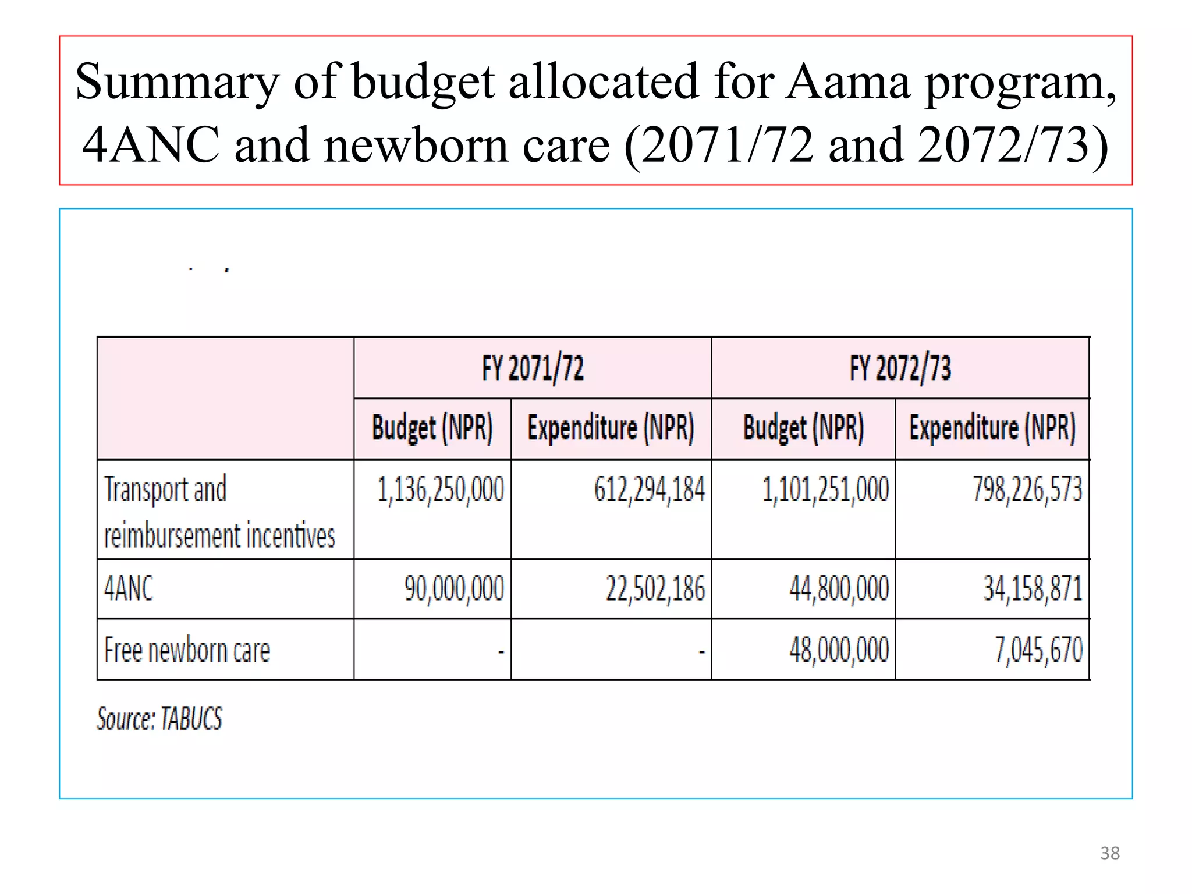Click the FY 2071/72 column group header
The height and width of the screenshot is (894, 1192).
(533, 368)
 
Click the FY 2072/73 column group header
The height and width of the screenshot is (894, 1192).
(900, 368)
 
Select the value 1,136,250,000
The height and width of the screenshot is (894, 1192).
(441, 489)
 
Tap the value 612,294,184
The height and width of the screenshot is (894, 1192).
(649, 489)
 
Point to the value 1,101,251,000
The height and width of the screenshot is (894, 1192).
(825, 489)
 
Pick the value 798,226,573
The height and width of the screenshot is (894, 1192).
(1027, 489)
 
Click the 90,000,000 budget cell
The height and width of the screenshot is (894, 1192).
(454, 588)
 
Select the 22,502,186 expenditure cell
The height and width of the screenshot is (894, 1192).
(655, 588)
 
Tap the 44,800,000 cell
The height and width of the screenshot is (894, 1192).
(839, 588)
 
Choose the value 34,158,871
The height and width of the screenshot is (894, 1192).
(1033, 588)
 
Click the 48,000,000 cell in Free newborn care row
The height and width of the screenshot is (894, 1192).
(839, 650)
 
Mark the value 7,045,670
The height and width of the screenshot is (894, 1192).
(1038, 650)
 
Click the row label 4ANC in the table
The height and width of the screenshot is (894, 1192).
(129, 588)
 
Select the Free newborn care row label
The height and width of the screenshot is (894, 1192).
(187, 650)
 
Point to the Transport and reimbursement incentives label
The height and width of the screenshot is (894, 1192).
(219, 512)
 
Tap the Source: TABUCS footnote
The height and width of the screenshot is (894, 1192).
(159, 718)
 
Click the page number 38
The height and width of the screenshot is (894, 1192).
(1109, 853)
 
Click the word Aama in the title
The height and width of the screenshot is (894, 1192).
(847, 82)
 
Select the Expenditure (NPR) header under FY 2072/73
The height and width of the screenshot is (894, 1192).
(992, 428)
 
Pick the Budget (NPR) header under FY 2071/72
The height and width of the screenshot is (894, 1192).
(432, 428)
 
